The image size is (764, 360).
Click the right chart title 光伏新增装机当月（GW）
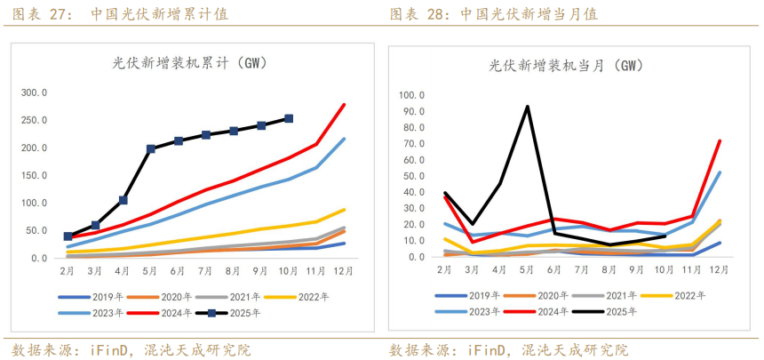566,66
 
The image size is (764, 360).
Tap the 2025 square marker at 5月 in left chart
151,149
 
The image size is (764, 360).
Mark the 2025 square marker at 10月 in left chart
289,118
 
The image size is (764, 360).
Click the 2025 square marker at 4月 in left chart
123,201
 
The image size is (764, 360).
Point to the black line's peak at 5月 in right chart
528,107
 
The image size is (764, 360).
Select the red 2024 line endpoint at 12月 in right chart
720,140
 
